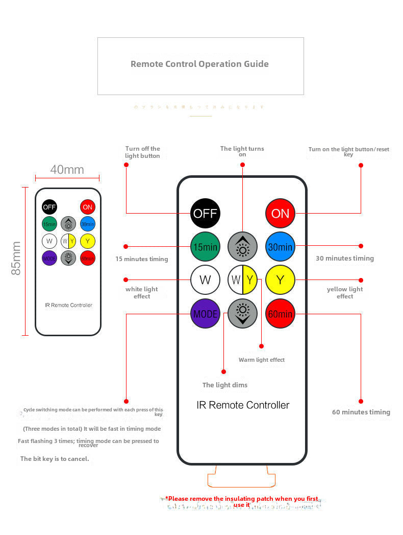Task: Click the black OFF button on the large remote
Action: click(x=205, y=213)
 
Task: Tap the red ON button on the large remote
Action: click(x=280, y=213)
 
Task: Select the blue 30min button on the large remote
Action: click(x=280, y=247)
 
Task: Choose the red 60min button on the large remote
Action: click(x=280, y=314)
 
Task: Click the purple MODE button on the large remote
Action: click(x=205, y=314)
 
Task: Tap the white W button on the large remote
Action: click(x=205, y=280)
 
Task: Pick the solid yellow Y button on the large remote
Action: click(x=280, y=280)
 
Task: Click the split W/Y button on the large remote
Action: click(x=242, y=280)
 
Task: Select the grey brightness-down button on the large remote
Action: click(x=242, y=314)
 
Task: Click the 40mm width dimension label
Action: click(x=67, y=170)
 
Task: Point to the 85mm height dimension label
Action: click(x=16, y=259)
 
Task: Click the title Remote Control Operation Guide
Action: click(x=199, y=64)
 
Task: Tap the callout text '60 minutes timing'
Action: click(x=361, y=412)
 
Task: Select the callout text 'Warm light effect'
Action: click(x=262, y=360)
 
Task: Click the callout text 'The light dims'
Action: click(x=224, y=385)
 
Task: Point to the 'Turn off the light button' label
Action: click(x=142, y=152)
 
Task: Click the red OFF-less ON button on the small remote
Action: click(x=88, y=207)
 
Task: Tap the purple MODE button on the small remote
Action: click(x=49, y=258)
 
